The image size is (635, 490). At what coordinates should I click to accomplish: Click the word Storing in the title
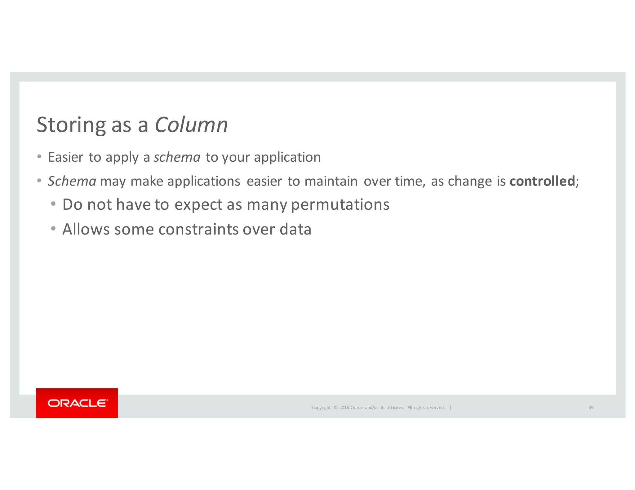pyautogui.click(x=71, y=125)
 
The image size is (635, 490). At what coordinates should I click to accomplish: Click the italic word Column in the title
pyautogui.click(x=191, y=125)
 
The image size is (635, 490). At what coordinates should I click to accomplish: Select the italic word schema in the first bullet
pyautogui.click(x=177, y=157)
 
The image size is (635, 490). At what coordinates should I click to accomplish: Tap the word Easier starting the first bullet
pyautogui.click(x=66, y=157)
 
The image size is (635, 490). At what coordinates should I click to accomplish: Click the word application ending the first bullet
pyautogui.click(x=287, y=157)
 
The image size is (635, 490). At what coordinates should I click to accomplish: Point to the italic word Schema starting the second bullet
pyautogui.click(x=72, y=181)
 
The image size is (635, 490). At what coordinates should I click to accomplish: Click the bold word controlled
pyautogui.click(x=542, y=181)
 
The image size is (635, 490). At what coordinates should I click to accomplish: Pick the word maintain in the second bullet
pyautogui.click(x=331, y=181)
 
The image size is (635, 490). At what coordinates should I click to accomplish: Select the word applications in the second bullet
pyautogui.click(x=204, y=181)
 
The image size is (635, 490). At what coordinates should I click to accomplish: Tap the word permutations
pyautogui.click(x=340, y=204)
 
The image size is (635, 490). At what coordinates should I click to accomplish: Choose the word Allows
pyautogui.click(x=86, y=229)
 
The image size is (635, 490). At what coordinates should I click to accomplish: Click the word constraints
pyautogui.click(x=198, y=229)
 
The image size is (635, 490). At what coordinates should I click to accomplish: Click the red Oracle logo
pyautogui.click(x=77, y=403)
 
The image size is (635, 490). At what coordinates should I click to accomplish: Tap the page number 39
pyautogui.click(x=591, y=408)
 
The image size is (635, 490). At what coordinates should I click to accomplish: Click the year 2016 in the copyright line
pyautogui.click(x=344, y=408)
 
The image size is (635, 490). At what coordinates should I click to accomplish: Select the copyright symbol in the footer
pyautogui.click(x=335, y=408)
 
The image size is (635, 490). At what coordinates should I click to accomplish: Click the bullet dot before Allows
pyautogui.click(x=53, y=229)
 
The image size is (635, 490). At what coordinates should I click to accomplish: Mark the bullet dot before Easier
pyautogui.click(x=39, y=156)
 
